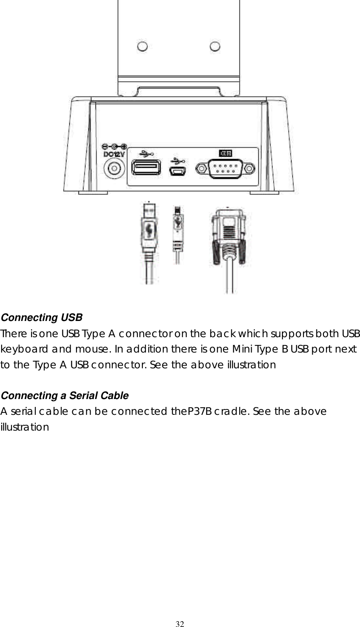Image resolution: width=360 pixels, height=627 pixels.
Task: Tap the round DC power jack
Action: coord(114,170)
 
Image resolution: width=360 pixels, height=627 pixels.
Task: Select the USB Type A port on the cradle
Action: coord(146,168)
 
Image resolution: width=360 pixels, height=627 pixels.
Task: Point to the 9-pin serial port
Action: coord(225,169)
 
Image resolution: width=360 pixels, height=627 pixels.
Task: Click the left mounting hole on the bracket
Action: coord(142,47)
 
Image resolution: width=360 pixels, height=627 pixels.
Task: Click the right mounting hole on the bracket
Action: coord(214,47)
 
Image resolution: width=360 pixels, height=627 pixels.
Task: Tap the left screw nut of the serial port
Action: coord(202,169)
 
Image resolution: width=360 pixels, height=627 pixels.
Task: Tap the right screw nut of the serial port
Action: coord(249,169)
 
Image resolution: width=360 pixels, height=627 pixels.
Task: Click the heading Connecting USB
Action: coord(42,318)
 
